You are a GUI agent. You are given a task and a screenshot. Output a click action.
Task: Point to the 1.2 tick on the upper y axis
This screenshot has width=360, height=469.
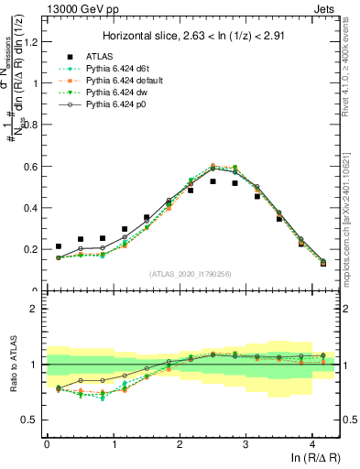tap(31, 40)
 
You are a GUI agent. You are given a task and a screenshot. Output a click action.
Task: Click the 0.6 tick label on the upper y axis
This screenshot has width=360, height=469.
tap(31, 166)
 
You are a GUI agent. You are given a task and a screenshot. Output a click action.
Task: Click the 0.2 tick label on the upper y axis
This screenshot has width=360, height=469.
tap(31, 249)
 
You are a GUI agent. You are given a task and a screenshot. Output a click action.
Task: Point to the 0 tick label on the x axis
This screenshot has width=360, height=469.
tap(47, 444)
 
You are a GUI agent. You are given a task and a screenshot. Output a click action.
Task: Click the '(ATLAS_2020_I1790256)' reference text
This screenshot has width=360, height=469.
tap(191, 273)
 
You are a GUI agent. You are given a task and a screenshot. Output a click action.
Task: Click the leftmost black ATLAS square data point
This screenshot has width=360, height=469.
tap(59, 246)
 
